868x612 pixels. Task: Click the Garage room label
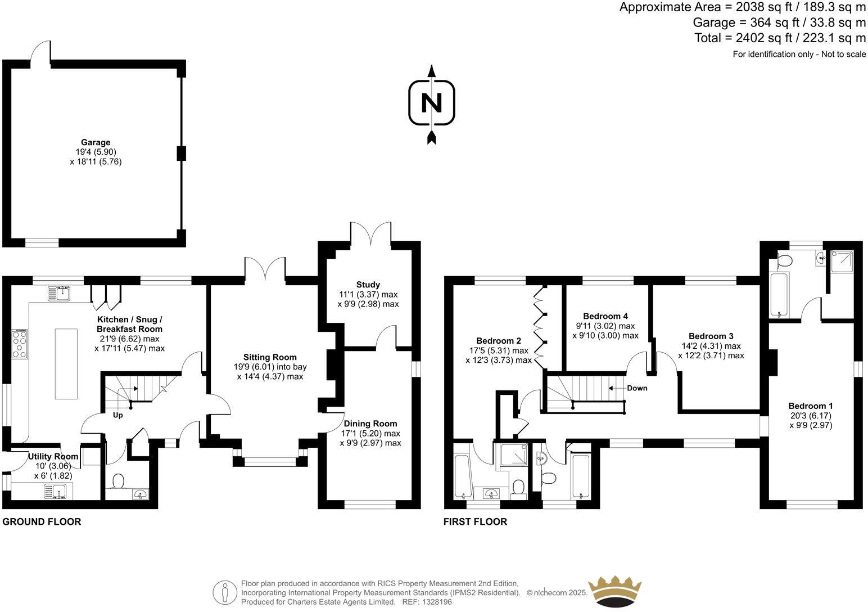tap(96, 143)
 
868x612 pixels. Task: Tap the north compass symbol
tap(431, 103)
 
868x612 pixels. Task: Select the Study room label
tap(368, 285)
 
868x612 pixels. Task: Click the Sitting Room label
tap(270, 357)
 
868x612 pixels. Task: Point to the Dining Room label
tap(370, 424)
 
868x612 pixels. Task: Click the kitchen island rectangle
tap(66, 363)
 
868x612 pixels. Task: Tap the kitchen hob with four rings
tap(20, 344)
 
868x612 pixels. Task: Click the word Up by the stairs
tap(118, 416)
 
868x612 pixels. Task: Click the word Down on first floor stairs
tap(636, 388)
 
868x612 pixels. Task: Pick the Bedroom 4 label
tap(605, 316)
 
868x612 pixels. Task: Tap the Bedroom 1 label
tap(811, 406)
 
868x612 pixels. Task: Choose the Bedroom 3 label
tap(711, 336)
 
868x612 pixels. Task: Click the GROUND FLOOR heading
tap(42, 522)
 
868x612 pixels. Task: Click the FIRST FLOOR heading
tap(475, 522)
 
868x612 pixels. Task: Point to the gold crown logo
tap(614, 592)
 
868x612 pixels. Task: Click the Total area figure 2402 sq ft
tap(780, 38)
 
